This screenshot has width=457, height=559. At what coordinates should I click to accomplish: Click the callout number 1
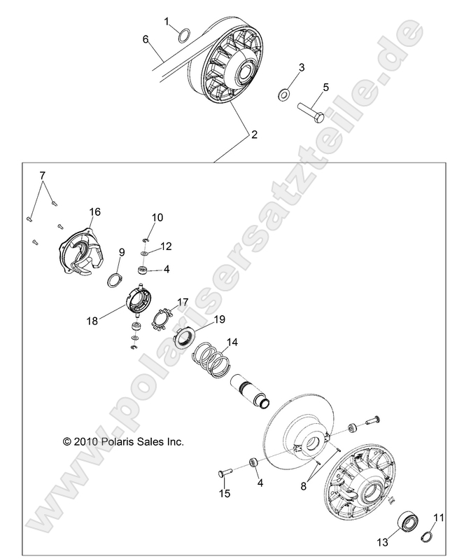pos(167,22)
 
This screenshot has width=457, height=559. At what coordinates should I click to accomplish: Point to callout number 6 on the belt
pos(146,40)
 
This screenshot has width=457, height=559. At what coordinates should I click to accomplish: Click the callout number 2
pos(253,134)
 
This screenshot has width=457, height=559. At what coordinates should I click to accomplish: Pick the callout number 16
pos(94,212)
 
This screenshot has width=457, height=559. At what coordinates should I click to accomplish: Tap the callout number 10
pos(157,218)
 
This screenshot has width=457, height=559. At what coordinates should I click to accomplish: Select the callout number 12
pos(166,246)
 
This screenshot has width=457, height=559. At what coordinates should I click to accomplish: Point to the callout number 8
pos(304,483)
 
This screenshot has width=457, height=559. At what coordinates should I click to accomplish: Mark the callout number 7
pos(41,174)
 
